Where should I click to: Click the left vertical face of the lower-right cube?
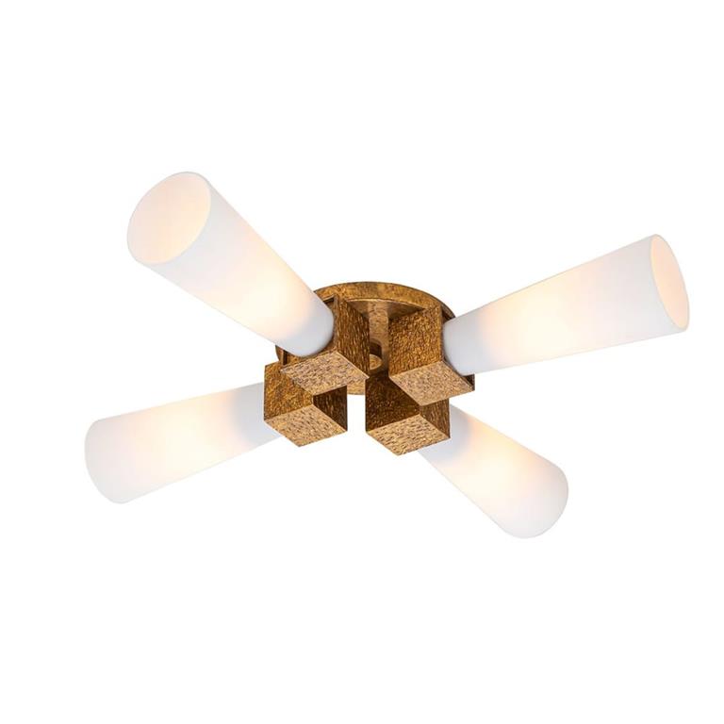[x=382, y=401]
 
